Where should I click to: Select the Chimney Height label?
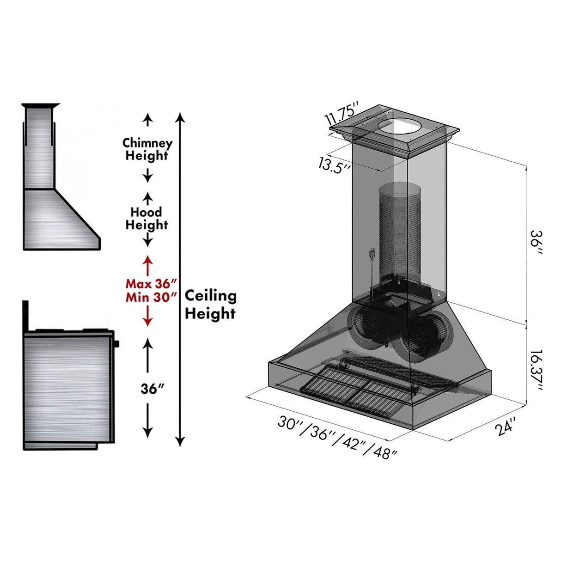(x=147, y=149)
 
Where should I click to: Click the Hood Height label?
(x=146, y=219)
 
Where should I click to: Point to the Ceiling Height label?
(x=210, y=305)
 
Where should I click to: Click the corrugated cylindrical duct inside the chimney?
(x=400, y=231)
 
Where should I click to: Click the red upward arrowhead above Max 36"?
(x=147, y=260)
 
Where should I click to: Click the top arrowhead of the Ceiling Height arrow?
(x=180, y=116)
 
